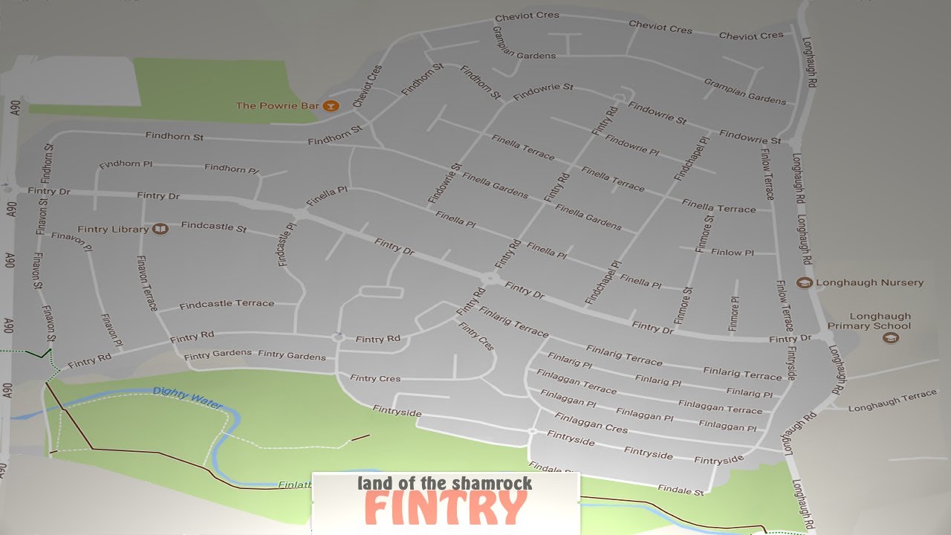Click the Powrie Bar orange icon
[331, 106]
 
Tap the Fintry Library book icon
[160, 229]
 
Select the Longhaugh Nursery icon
[803, 282]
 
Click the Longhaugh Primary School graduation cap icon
[890, 338]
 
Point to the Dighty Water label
[187, 398]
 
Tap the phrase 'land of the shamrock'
[444, 484]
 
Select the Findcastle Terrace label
[227, 304]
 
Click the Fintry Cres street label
[375, 378]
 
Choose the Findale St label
[681, 490]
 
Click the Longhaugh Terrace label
[892, 401]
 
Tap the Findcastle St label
[213, 226]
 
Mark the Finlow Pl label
[732, 253]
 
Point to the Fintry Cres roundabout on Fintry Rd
[338, 337]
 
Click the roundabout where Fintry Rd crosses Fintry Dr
[489, 279]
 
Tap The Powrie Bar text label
[277, 106]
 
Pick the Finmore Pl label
[734, 314]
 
